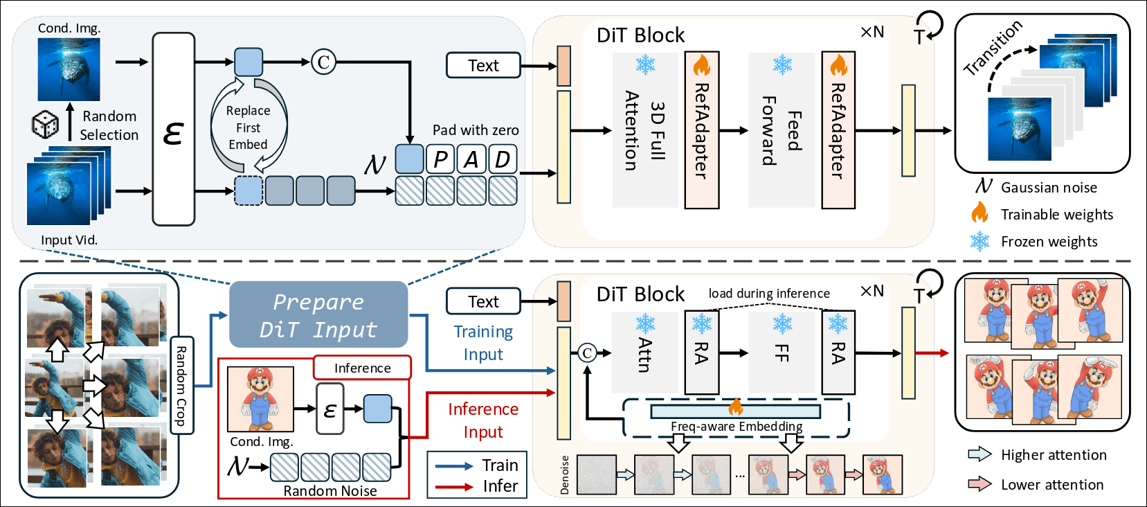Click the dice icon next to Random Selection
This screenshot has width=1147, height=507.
(x=46, y=125)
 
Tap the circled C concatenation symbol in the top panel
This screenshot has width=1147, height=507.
(x=323, y=62)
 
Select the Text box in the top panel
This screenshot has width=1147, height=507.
(x=483, y=65)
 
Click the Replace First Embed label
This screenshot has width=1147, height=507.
(x=248, y=127)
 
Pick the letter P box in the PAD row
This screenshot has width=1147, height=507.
(x=440, y=159)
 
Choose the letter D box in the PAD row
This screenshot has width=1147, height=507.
(x=503, y=159)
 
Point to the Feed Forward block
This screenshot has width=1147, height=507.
(x=782, y=130)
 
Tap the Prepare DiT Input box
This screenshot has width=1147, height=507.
(x=318, y=314)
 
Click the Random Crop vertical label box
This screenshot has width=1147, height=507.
(x=181, y=385)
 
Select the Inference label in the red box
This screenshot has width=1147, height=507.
(x=362, y=368)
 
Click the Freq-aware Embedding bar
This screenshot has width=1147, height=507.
(x=735, y=411)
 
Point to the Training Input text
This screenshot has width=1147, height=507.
(x=483, y=343)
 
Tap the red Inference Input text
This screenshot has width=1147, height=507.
(x=483, y=420)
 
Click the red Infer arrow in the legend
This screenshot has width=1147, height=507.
(x=454, y=487)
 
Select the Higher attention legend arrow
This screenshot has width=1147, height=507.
(x=979, y=454)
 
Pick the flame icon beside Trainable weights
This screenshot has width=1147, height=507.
(x=979, y=213)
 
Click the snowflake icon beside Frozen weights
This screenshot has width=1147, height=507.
(x=979, y=241)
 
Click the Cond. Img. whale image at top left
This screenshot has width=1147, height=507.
(x=69, y=69)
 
